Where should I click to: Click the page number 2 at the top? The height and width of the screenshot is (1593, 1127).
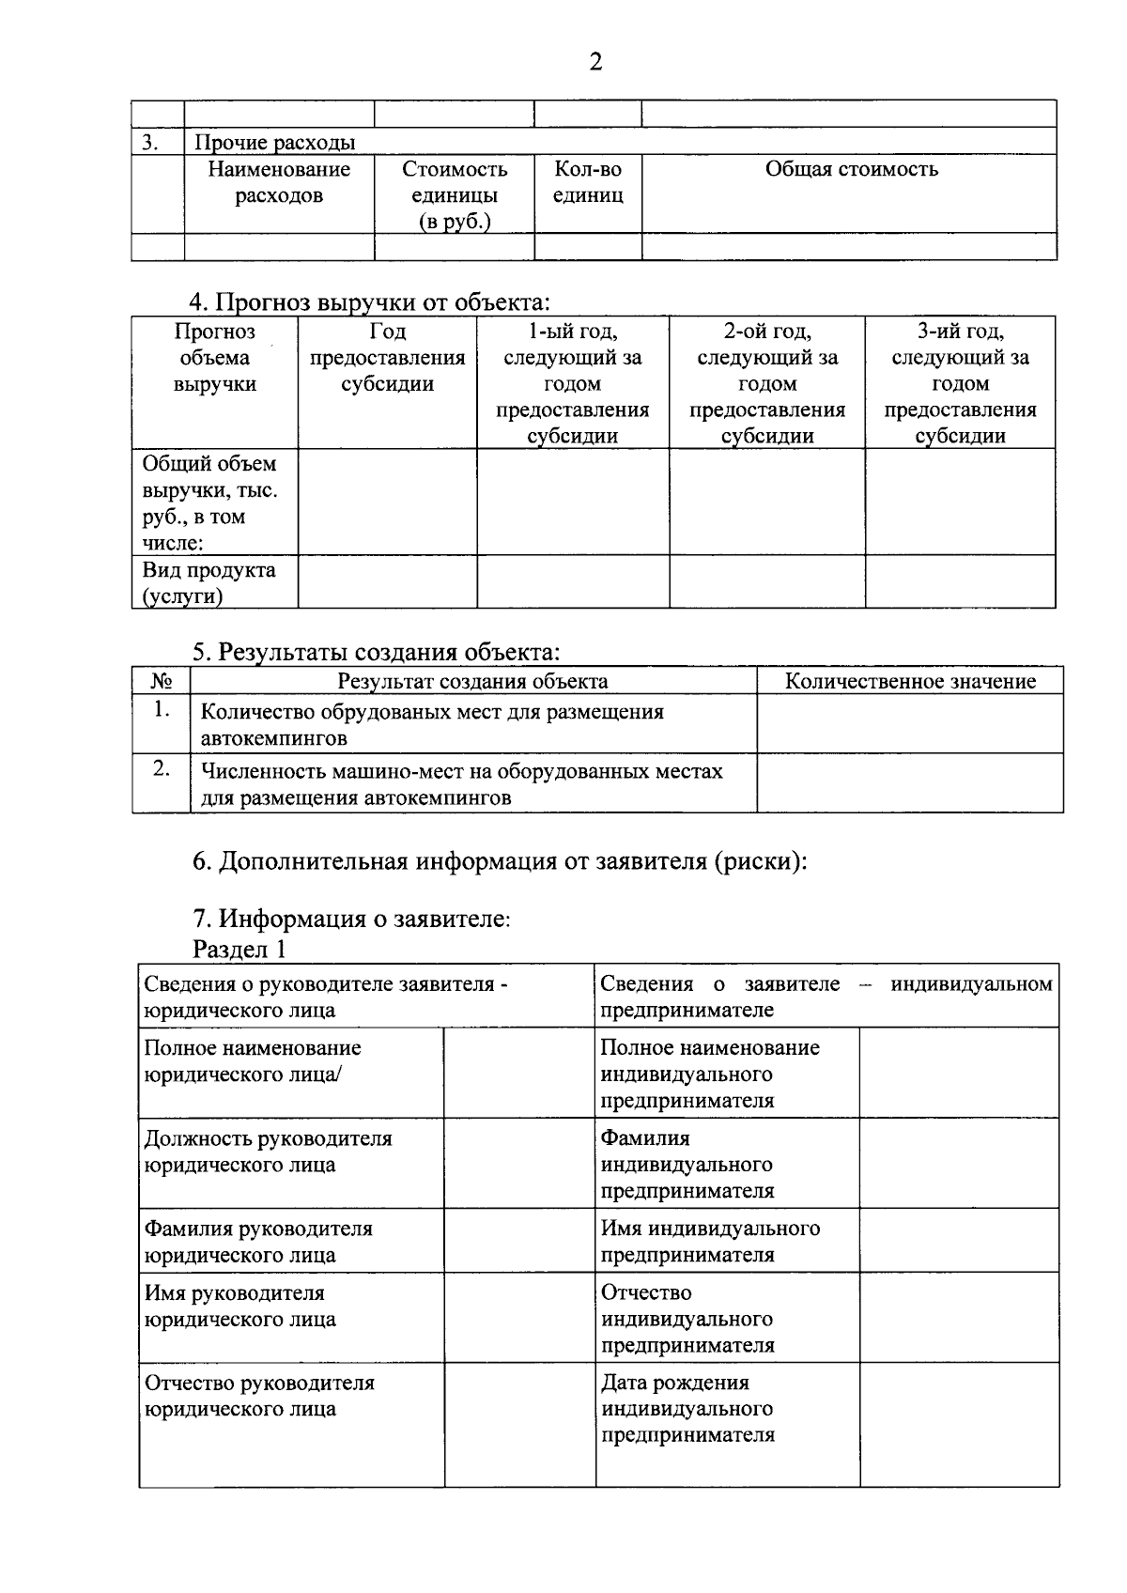[594, 63]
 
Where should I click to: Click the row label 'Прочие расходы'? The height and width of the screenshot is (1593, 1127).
[274, 143]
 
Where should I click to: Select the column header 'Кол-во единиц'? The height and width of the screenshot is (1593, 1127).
[588, 182]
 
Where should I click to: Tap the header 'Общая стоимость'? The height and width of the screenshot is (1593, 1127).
[851, 169]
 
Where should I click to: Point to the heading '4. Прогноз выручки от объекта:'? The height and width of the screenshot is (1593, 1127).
[369, 302]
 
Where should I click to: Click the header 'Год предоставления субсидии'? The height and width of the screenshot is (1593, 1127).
[387, 358]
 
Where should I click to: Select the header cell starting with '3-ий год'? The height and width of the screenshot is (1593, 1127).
[960, 383]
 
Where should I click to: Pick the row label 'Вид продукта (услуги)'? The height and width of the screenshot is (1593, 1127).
[208, 582]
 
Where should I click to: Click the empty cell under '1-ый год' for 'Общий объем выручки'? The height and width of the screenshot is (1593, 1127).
[572, 503]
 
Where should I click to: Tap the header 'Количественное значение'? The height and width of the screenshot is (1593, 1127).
[909, 681]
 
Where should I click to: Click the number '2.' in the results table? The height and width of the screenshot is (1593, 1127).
[162, 769]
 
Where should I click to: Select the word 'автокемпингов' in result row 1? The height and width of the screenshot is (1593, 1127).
[273, 738]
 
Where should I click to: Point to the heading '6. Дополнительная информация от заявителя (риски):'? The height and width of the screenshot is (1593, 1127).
[500, 861]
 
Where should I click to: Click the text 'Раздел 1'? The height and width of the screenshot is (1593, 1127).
[239, 949]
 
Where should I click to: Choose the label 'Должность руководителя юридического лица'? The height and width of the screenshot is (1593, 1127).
[268, 1152]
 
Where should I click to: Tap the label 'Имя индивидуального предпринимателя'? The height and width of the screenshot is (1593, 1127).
[710, 1241]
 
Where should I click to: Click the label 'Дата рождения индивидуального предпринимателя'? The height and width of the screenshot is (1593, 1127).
[687, 1408]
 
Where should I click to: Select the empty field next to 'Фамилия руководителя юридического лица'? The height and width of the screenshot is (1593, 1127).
[518, 1241]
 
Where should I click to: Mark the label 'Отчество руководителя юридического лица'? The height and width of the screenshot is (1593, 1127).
[259, 1396]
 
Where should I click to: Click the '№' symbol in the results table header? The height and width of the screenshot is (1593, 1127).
[161, 681]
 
